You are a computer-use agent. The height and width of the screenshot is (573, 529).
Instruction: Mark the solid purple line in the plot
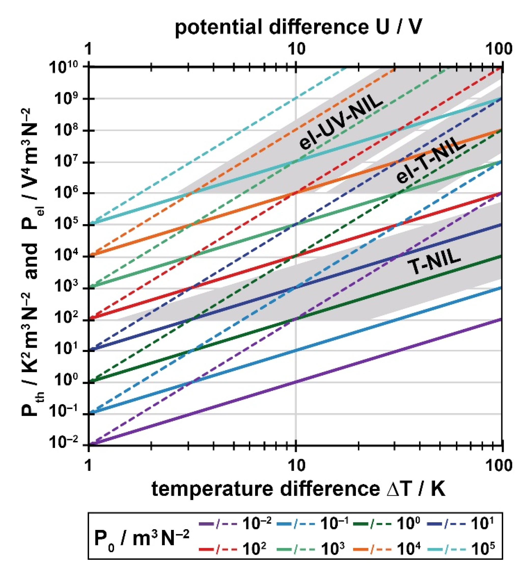(296, 381)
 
